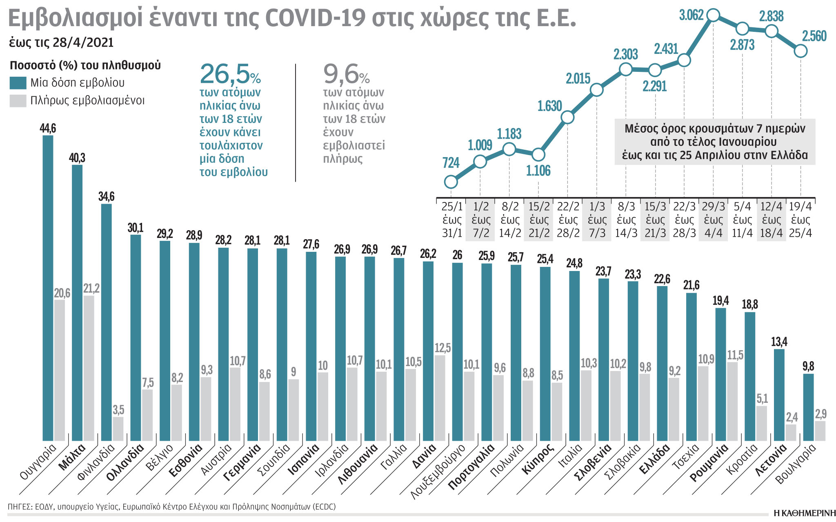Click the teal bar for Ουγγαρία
click(x=48, y=288)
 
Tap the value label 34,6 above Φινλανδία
click(x=106, y=197)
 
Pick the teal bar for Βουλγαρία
click(x=808, y=407)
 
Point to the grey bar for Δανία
click(x=440, y=398)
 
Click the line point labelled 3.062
click(x=713, y=16)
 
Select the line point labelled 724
click(x=451, y=182)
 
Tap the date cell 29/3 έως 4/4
click(x=713, y=220)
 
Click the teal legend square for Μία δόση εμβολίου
click(x=18, y=83)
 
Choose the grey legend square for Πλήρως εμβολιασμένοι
click(x=18, y=101)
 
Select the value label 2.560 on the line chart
click(x=814, y=36)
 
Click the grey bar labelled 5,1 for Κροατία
click(x=762, y=423)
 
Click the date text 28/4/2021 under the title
click(x=83, y=43)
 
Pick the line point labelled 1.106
click(x=538, y=155)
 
